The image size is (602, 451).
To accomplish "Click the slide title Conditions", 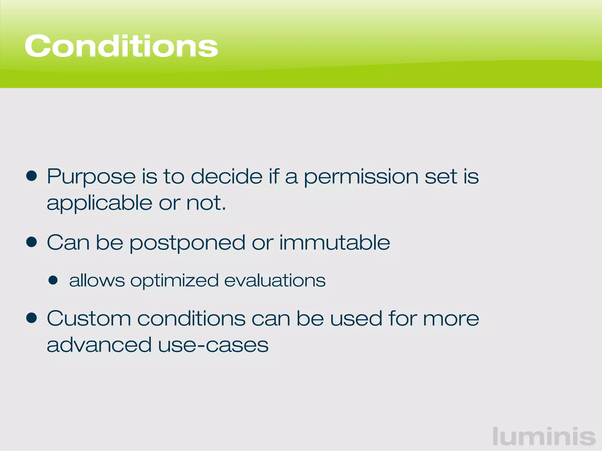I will [x=121, y=46].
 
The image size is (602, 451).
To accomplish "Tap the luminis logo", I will [x=544, y=437].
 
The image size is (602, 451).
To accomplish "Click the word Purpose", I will [x=91, y=177].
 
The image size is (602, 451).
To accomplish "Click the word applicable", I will [x=99, y=203].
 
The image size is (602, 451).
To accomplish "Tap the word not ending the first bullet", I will [x=206, y=203].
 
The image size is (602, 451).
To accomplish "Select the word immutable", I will [x=335, y=243].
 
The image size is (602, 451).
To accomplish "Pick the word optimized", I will [x=174, y=281].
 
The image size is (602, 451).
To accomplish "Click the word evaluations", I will [x=275, y=280].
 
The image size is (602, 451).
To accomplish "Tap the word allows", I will [x=97, y=280].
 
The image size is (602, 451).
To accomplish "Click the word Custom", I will [x=89, y=318].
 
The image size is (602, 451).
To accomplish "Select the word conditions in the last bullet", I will [x=191, y=318].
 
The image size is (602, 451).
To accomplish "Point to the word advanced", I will [x=99, y=345].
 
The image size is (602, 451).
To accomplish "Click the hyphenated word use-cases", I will [x=213, y=345].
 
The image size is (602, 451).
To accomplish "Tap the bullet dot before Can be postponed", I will [x=31, y=242].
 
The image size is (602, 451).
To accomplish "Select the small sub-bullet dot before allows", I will [x=53, y=280].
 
